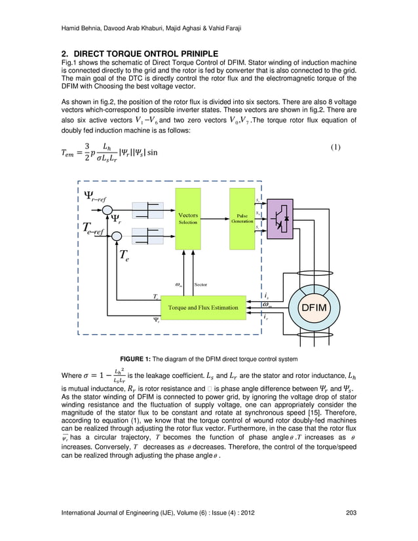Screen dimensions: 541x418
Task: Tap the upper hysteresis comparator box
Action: [149, 210]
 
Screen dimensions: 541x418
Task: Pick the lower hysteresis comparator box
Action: [149, 235]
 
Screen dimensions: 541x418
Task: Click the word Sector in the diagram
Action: [200, 285]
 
